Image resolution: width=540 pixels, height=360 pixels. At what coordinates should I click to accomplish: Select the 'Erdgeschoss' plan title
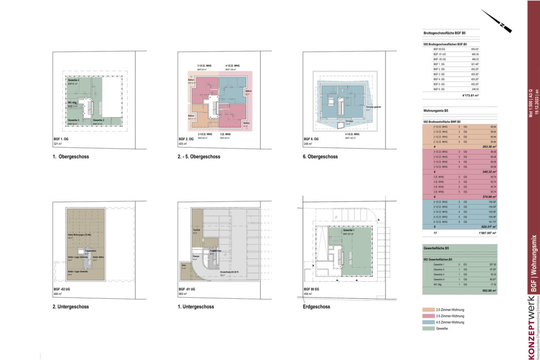[x=316, y=306]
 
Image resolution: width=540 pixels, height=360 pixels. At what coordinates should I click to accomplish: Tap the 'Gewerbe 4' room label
[x=73, y=80]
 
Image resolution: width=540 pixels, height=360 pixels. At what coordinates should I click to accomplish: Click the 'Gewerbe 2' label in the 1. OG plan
[x=98, y=121]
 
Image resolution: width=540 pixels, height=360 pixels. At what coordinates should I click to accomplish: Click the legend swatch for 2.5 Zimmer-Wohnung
[x=428, y=309]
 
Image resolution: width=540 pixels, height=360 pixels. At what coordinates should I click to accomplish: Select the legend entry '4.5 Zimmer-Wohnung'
[x=450, y=322]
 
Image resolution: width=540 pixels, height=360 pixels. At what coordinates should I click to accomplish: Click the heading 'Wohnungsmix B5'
[x=436, y=111]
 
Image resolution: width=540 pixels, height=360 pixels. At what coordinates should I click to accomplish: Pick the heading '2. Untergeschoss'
[x=71, y=306]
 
